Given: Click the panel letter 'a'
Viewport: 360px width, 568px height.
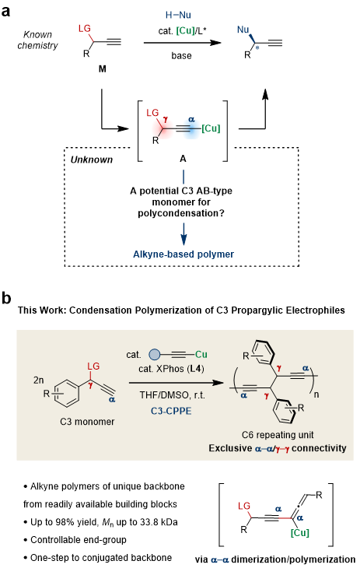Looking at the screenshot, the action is (6, 11).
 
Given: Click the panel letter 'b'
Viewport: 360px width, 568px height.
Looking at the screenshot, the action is (6, 298).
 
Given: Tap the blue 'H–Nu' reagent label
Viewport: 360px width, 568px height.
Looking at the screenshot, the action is (178, 15).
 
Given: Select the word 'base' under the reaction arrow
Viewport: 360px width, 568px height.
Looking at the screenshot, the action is (181, 56).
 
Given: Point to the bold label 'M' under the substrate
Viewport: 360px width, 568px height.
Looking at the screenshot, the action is (103, 68).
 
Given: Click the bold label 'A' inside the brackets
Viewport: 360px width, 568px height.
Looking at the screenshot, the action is (183, 159).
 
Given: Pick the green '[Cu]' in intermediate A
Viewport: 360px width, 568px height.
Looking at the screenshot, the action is (211, 128).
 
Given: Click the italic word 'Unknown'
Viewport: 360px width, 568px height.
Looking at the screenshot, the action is (92, 160).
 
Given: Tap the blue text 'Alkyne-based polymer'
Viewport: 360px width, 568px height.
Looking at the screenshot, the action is (183, 254).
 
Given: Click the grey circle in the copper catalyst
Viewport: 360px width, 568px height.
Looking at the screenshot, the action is (154, 354).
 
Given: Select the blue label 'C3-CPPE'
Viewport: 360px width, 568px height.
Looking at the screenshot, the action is (171, 411).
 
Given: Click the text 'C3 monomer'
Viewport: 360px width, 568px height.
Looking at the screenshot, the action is (87, 422).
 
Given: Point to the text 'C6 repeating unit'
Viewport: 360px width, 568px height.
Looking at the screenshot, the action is (278, 435).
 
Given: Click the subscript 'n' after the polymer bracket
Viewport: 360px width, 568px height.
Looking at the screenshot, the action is (316, 394).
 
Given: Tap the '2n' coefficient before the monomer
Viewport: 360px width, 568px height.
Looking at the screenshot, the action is (38, 380).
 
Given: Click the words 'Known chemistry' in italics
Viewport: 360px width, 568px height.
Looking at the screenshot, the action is (37, 40).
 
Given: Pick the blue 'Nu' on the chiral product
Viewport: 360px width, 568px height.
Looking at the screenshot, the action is (243, 30).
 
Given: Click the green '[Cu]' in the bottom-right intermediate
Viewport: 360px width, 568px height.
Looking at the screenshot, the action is (300, 533).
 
